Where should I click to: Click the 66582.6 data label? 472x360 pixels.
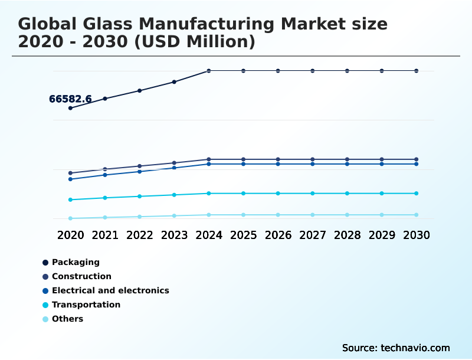pos(70,99)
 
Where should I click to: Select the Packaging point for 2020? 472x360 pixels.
pos(70,108)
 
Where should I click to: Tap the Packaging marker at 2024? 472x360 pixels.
pos(209,71)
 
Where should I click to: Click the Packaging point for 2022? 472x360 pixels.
pos(140,90)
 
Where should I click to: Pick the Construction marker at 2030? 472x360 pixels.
pos(417,159)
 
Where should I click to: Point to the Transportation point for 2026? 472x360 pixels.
pos(278,194)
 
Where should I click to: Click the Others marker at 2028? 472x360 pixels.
pos(347,215)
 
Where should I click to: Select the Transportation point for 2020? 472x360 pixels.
pos(70,199)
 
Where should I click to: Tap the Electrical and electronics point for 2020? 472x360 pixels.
pos(70,179)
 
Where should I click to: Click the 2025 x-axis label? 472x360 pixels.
pos(243,235)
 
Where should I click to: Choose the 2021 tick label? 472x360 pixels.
pos(105,235)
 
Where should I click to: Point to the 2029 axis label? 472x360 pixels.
pos(382,235)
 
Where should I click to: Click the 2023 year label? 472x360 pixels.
pos(174,235)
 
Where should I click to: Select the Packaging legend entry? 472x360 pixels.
pos(76,262)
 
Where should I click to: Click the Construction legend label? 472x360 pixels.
pos(81,276)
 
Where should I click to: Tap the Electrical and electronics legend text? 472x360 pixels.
pos(110,290)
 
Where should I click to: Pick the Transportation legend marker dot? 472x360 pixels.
pos(45,305)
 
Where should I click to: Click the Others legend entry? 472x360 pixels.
pos(67,319)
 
